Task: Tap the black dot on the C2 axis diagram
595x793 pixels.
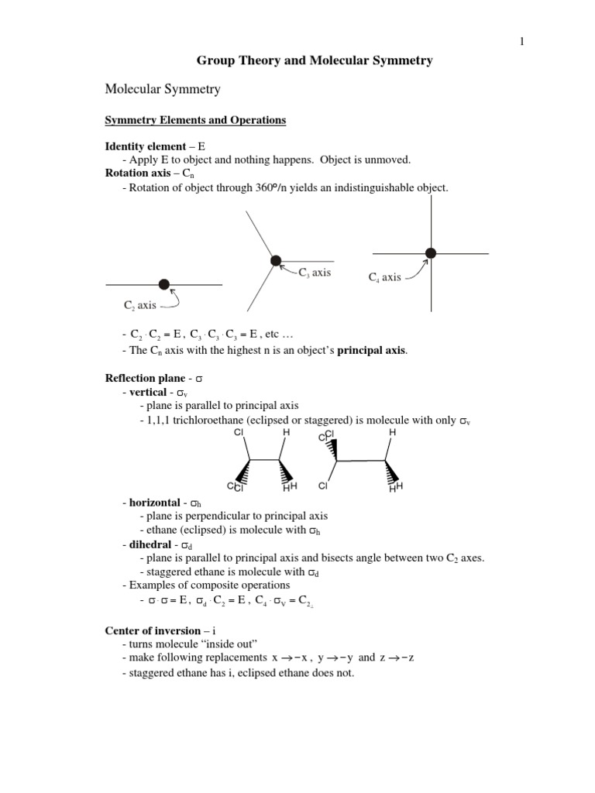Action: (x=163, y=284)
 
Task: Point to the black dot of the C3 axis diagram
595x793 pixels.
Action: (x=275, y=261)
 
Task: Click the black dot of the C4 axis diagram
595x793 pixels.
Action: (x=431, y=252)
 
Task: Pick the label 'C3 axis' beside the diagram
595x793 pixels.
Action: (x=315, y=273)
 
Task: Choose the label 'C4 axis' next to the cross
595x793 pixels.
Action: (x=384, y=277)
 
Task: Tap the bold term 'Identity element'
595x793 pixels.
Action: (x=145, y=146)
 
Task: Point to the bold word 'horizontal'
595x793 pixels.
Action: (x=154, y=503)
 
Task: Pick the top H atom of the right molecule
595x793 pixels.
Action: (x=392, y=432)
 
